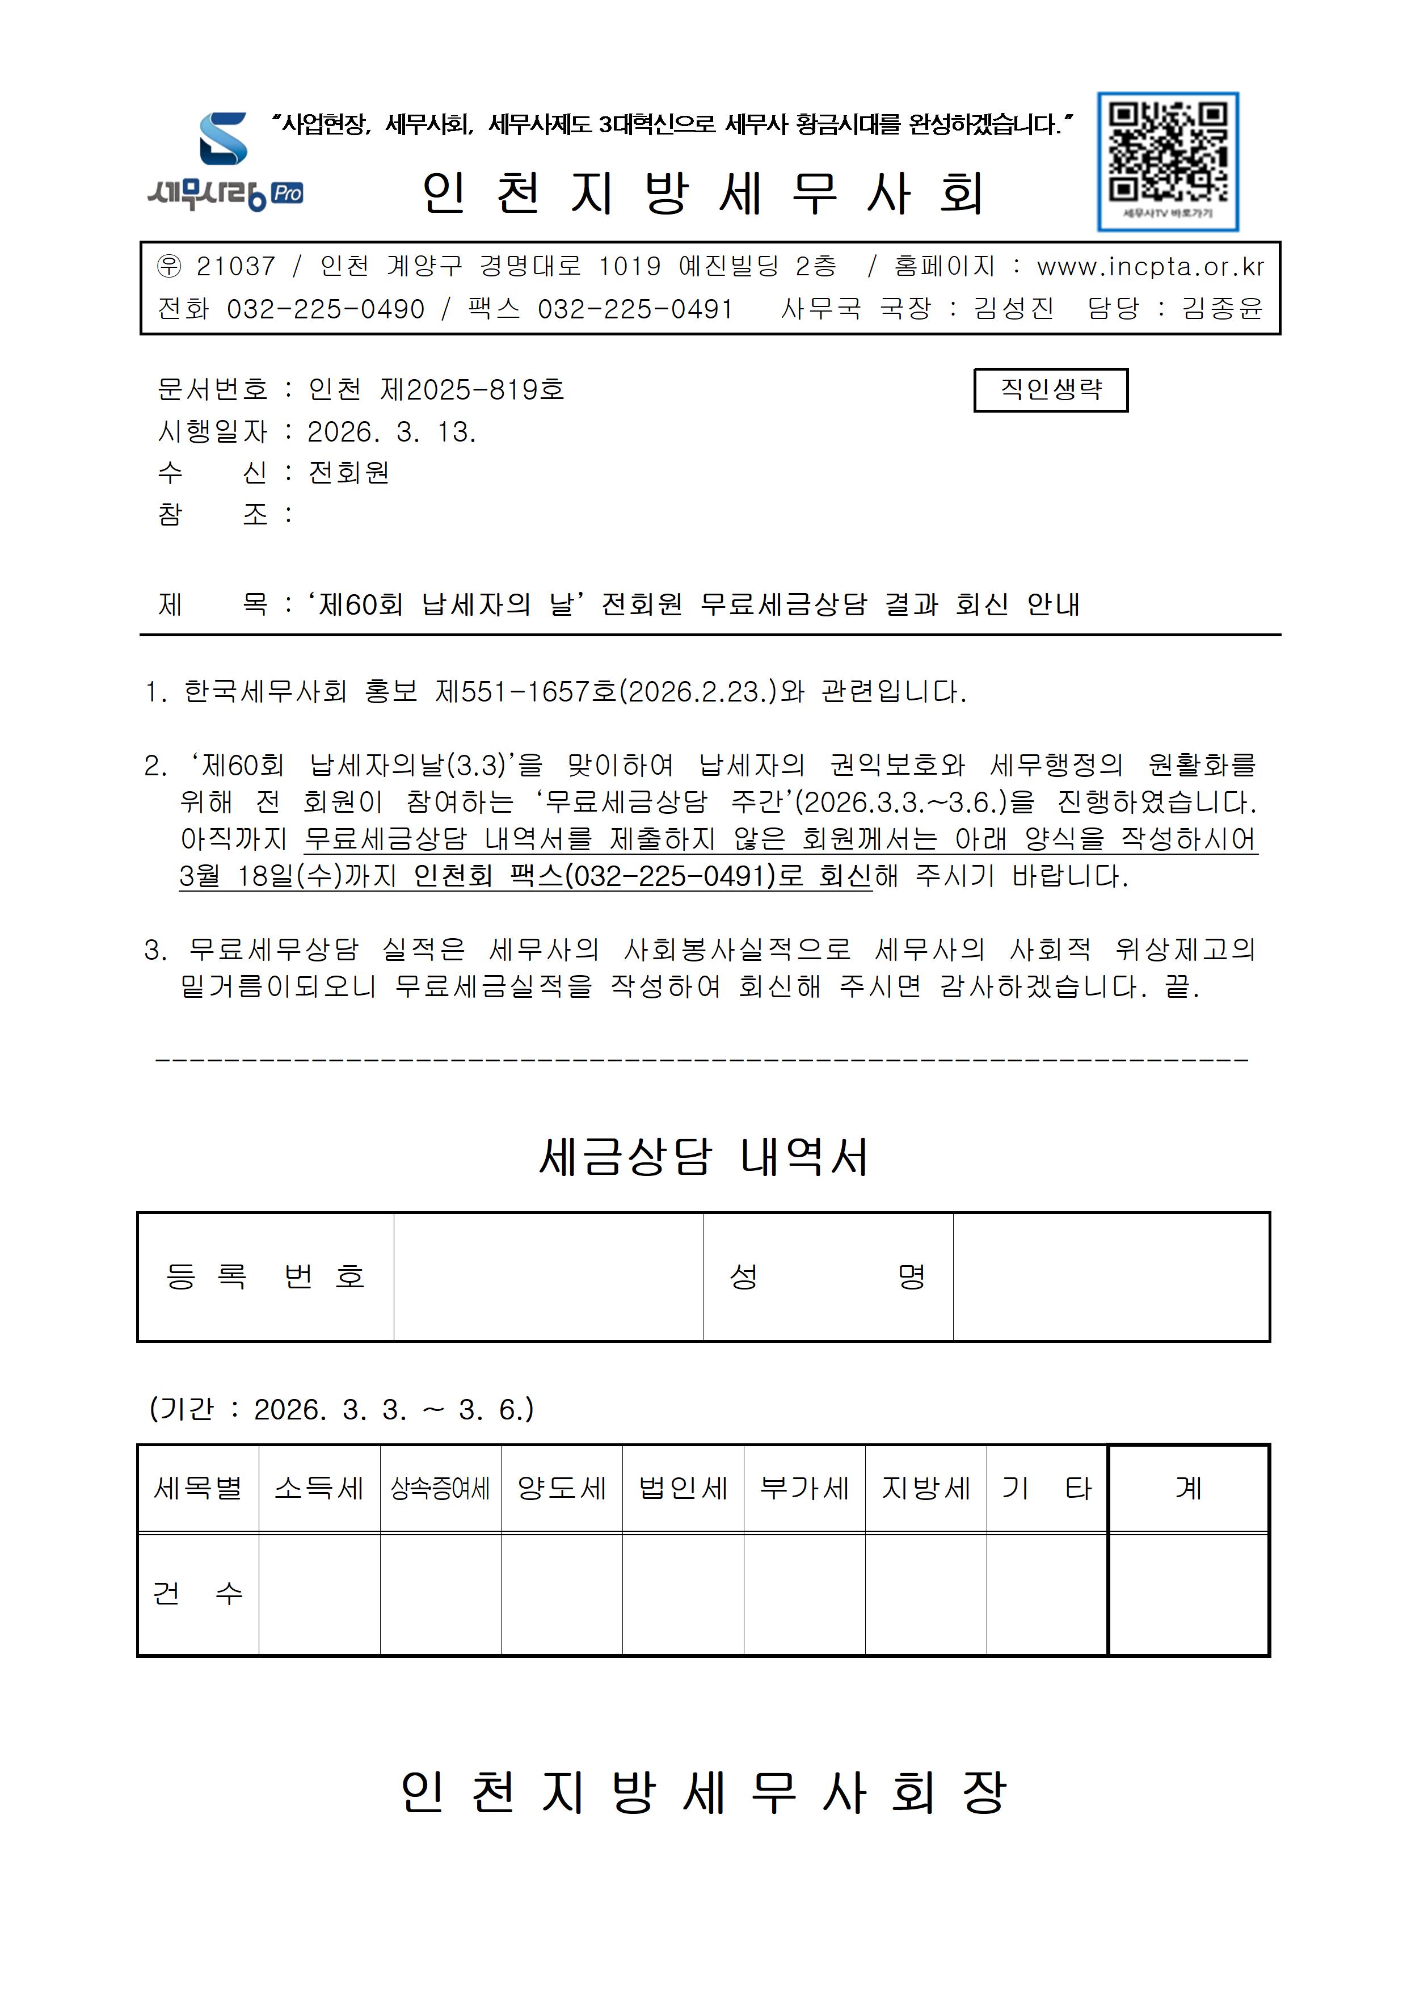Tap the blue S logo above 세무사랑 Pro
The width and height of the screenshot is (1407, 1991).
click(224, 138)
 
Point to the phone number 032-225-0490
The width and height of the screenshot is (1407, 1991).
click(325, 309)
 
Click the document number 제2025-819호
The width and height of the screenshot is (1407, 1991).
click(473, 389)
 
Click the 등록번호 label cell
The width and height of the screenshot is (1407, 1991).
click(266, 1276)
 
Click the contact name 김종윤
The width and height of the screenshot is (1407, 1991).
click(1223, 309)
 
